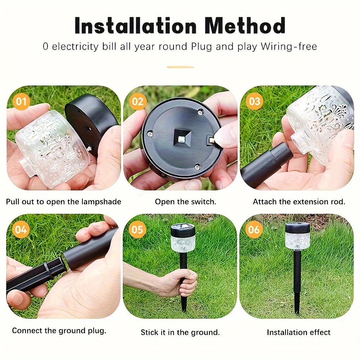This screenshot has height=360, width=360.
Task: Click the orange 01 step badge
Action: (x=21, y=102)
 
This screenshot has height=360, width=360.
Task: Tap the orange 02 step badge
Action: (x=138, y=102)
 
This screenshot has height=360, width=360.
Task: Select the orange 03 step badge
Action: (x=254, y=102)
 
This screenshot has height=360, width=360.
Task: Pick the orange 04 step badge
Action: (x=21, y=229)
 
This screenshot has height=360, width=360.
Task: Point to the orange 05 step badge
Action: (x=137, y=229)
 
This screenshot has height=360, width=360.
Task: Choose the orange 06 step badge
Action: (x=254, y=229)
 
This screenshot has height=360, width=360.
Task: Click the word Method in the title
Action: (x=245, y=26)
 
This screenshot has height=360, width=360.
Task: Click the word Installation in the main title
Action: (x=135, y=26)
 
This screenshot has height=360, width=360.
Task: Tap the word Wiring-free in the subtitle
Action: (x=289, y=46)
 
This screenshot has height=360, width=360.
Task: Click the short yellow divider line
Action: (x=180, y=67)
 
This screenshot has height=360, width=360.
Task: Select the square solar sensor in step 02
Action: (x=183, y=138)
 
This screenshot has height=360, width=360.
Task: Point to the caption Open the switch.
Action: (x=185, y=202)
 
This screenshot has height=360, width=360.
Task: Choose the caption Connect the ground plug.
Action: (x=59, y=330)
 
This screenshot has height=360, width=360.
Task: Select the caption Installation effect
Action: (x=298, y=332)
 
